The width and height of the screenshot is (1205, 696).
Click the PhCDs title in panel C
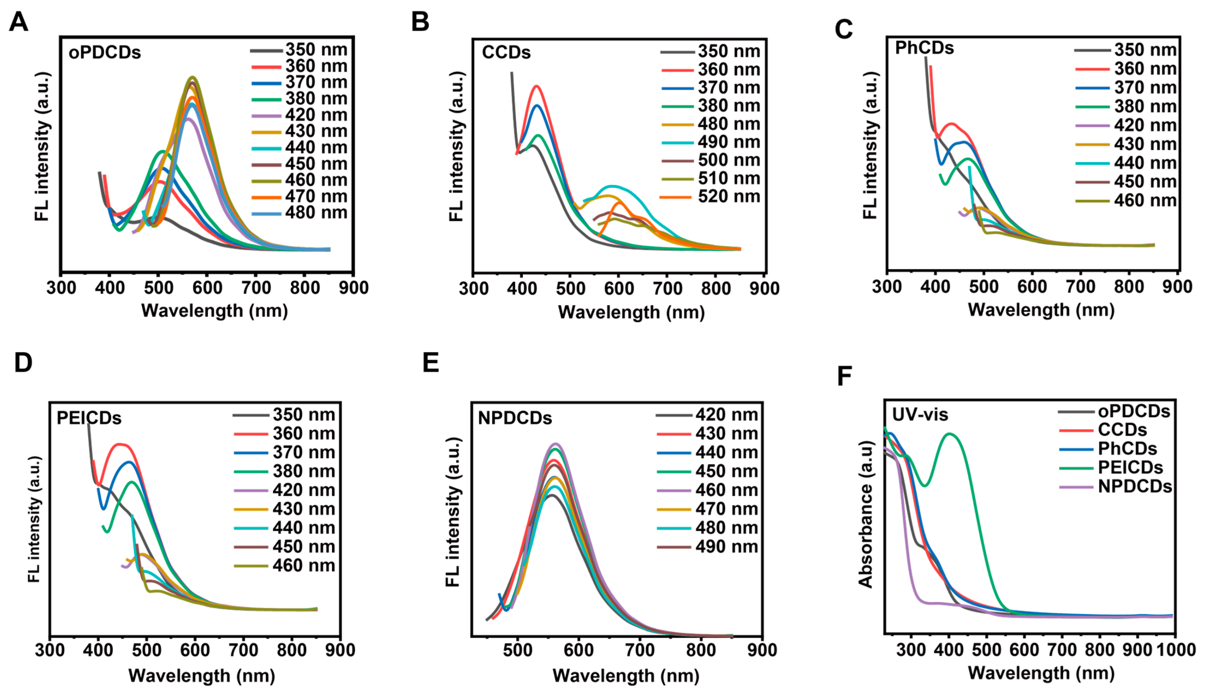(x=924, y=48)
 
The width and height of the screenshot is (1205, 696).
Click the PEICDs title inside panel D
(x=89, y=418)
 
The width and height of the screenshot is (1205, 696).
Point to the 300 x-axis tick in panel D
(x=50, y=650)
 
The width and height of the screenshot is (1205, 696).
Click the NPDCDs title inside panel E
(x=515, y=418)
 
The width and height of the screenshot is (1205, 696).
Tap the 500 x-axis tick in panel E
(x=518, y=650)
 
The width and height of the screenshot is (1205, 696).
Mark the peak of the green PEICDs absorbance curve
(x=950, y=434)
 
